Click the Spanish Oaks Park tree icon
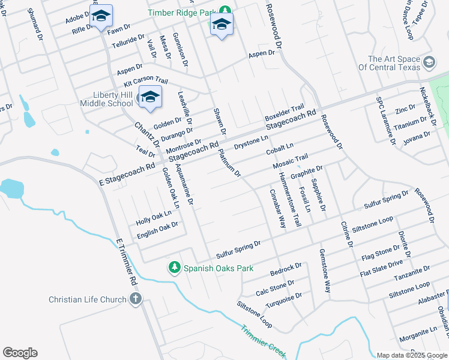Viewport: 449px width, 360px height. (x=175, y=266)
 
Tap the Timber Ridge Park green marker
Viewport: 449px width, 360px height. (x=225, y=10)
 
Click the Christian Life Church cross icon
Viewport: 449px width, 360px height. (x=135, y=299)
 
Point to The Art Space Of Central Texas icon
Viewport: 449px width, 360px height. (x=429, y=62)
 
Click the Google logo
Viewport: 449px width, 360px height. (x=20, y=353)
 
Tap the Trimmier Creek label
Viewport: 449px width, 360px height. (x=264, y=340)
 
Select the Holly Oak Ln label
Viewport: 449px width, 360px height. (x=154, y=217)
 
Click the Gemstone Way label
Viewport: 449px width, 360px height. (x=325, y=271)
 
